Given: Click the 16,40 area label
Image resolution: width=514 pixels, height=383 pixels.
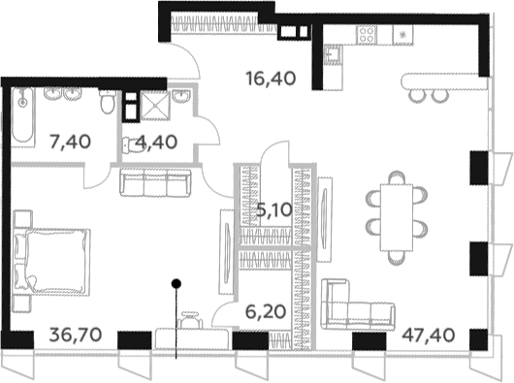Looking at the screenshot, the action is point(272,79).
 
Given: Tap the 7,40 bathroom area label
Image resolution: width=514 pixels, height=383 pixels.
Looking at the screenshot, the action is point(70,142).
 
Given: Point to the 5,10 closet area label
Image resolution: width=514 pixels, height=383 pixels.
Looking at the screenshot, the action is point(274,210).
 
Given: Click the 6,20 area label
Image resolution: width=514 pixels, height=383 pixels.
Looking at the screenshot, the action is point(266,311).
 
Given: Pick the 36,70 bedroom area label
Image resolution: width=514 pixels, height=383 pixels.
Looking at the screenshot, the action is point(76,335).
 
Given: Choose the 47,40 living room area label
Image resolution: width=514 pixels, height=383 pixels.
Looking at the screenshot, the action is point(429,335).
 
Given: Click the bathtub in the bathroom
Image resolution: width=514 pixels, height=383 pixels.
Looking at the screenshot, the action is point(22,116).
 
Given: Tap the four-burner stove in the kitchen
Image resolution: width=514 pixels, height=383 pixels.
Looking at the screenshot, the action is point(367,34).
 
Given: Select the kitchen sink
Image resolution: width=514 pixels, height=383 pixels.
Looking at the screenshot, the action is point(333,54).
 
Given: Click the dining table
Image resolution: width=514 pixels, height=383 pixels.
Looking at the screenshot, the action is point(396,217).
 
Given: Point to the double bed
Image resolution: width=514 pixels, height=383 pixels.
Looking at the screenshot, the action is point(51,262).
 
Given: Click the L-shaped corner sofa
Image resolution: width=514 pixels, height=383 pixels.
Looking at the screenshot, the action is point(358,303).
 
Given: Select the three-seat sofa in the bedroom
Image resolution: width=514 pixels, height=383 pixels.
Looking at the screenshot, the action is point(155,183).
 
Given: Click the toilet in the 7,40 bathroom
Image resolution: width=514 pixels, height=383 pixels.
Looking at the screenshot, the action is point(108,101).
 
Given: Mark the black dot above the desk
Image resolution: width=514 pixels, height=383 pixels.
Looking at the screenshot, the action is point(177,284).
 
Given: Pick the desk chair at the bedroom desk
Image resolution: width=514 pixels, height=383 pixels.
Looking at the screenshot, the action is point(190,319).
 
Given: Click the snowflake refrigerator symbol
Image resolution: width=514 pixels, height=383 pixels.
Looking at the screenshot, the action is point(403,34).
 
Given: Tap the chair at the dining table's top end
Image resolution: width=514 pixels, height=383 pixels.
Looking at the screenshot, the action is point(397,177).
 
